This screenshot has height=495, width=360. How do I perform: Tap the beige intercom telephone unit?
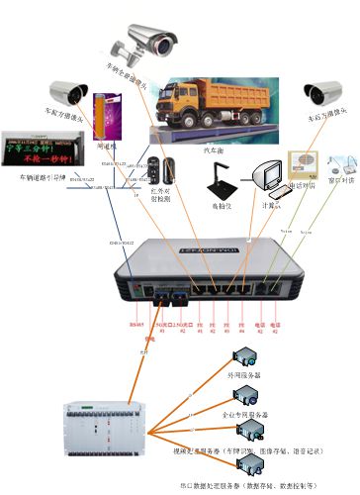(x=303, y=163)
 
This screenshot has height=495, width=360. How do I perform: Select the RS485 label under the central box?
(x=135, y=322)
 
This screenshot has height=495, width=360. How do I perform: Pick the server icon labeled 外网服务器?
(x=241, y=357)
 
